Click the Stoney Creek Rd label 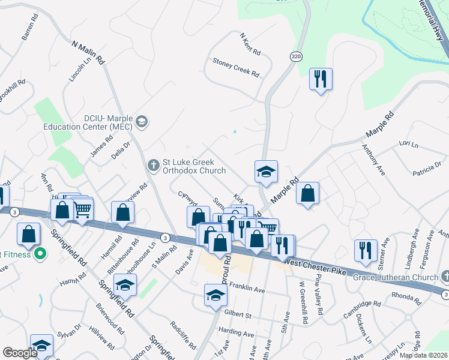(x=236, y=67)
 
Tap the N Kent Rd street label (x=249, y=44)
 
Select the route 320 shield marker (x=296, y=56)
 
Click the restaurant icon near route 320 (x=321, y=79)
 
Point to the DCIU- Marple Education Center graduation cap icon (x=141, y=122)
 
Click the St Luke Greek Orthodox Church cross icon (x=154, y=164)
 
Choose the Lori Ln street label (x=408, y=145)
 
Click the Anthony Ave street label (x=372, y=159)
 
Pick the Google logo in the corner (x=20, y=353)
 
